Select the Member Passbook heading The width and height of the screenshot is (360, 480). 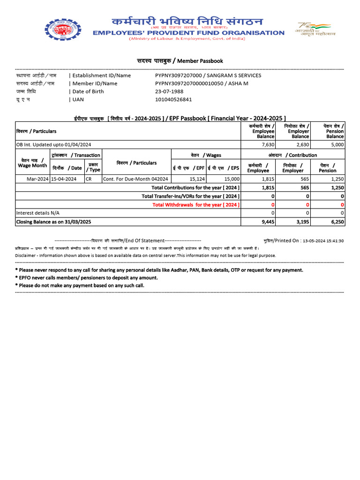[x=180, y=61]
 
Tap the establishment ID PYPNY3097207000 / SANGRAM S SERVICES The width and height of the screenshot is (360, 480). [x=208, y=75]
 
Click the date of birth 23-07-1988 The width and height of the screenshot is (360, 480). [x=169, y=91]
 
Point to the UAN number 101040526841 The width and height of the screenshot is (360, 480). [x=173, y=99]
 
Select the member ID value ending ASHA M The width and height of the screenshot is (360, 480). [x=202, y=83]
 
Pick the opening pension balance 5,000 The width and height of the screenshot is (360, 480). [x=336, y=144]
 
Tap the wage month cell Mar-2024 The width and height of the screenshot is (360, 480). [x=37, y=179]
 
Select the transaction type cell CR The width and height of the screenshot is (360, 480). [x=89, y=179]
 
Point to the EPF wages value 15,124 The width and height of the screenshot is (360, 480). [x=197, y=179]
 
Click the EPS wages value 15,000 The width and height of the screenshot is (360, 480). [x=232, y=179]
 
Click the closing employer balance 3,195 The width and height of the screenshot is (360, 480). [x=302, y=222]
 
